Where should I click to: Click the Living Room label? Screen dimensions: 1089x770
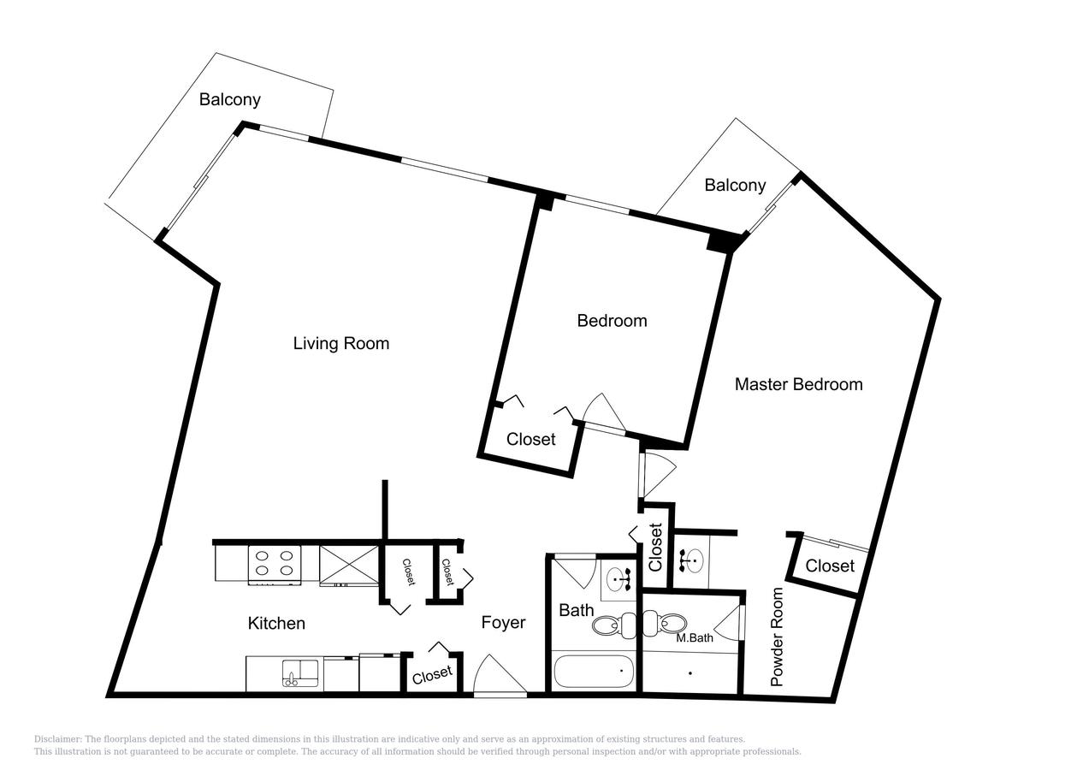point(340,344)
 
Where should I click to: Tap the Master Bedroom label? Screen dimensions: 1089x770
point(798,384)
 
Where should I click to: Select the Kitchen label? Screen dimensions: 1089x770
point(276,623)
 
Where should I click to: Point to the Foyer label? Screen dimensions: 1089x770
point(503,623)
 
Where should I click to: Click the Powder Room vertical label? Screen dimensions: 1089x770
point(778,637)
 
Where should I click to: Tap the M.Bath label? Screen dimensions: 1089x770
point(695,637)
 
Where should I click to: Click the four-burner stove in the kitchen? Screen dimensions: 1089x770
point(275,565)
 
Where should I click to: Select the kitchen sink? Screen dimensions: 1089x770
point(300,672)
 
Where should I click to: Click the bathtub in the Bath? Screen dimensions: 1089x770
point(594,672)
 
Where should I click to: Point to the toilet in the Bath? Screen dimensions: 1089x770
point(613,625)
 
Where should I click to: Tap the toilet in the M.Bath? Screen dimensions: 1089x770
point(665,623)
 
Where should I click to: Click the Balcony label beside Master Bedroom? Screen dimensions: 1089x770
point(735,185)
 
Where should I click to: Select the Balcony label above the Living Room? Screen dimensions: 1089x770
point(230,99)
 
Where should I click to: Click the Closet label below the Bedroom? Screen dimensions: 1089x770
point(531,440)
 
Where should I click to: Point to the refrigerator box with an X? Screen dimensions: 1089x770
point(349,566)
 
